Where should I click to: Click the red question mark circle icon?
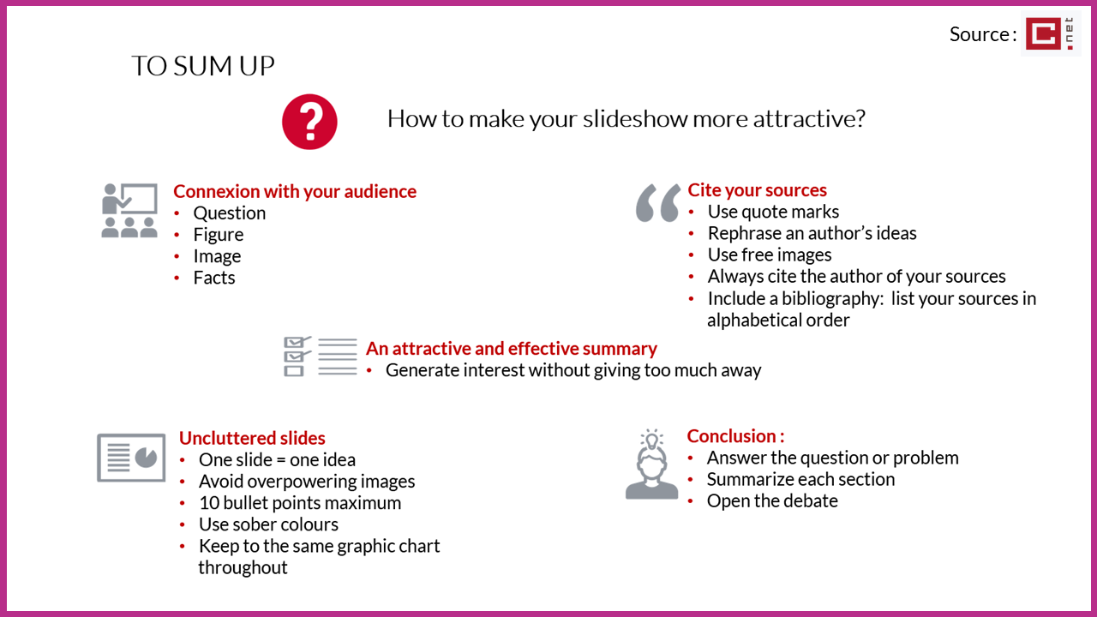coord(309,122)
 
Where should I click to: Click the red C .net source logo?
coord(1050,33)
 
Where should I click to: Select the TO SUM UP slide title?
coord(203,66)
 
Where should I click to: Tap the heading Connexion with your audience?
coord(295,191)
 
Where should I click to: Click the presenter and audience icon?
coord(129,211)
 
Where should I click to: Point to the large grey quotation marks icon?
coord(658,203)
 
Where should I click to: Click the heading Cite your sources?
coord(757,190)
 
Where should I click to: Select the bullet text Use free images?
coord(770,255)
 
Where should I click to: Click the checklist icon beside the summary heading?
coord(321,356)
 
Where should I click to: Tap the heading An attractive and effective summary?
coord(512,349)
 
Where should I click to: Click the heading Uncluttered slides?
coord(252,438)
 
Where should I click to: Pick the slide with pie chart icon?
coord(131,458)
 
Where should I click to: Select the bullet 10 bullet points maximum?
coord(300,503)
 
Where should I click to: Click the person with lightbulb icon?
coord(652,464)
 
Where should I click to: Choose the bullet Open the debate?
coord(772,501)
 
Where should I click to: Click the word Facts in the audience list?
coord(214,278)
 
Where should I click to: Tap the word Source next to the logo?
coord(980,34)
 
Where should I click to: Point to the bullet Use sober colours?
coord(268,524)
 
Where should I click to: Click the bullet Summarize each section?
coord(800,479)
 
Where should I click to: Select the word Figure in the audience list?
coord(219,235)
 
